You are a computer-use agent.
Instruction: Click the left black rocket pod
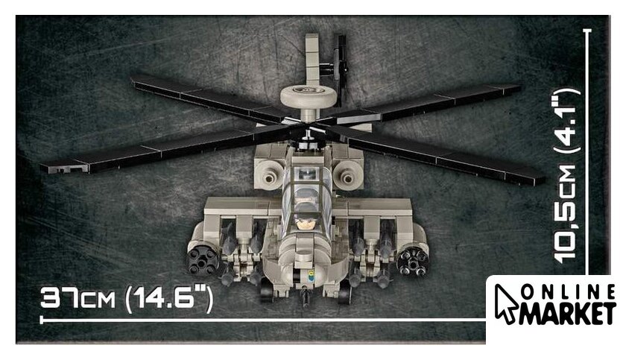click(203, 261)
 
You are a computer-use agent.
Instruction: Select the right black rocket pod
click(412, 261)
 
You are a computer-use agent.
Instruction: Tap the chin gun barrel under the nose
click(306, 298)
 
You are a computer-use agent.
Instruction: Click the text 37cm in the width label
click(78, 298)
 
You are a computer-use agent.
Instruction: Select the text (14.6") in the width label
click(168, 300)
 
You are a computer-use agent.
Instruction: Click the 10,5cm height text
click(566, 214)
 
